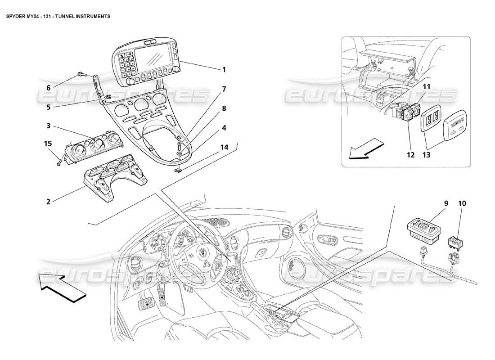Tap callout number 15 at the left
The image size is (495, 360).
[48, 144]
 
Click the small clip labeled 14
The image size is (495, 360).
[179, 170]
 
